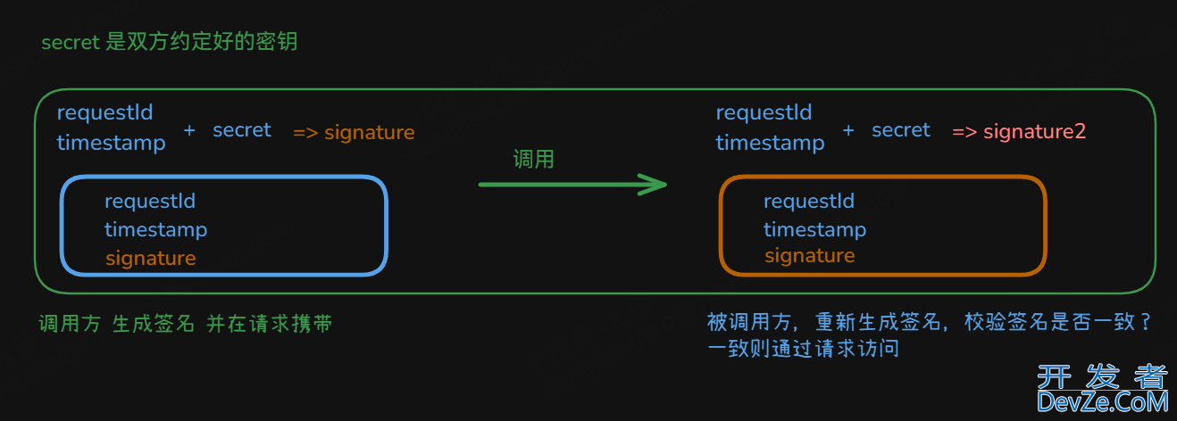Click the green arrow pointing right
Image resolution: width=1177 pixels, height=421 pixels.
point(572,185)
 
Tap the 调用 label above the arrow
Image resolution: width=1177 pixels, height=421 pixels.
point(533,160)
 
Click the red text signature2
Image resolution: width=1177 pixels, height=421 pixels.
point(1034,132)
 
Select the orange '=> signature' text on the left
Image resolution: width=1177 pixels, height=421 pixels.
point(354,133)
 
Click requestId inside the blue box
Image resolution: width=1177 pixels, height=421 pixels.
point(150,201)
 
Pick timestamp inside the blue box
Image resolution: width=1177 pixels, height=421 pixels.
point(155,229)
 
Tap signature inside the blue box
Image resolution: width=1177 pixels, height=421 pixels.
point(150,258)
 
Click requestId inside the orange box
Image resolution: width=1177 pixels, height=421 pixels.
point(809,201)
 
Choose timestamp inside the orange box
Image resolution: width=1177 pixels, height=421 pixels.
point(814,229)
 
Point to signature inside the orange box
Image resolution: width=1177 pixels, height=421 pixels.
point(809,256)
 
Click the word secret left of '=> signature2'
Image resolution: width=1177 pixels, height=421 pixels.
point(901,130)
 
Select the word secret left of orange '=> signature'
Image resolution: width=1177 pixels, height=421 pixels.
point(242,130)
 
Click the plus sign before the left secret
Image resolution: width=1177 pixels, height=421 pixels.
point(189,130)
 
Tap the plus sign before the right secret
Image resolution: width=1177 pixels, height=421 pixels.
point(848,130)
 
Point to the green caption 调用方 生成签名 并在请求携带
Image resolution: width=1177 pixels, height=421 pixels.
point(186,324)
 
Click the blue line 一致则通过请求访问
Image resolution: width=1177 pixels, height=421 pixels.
point(803,349)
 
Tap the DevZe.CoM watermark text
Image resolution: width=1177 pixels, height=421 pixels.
point(1102,403)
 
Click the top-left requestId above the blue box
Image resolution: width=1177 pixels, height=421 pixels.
point(104,112)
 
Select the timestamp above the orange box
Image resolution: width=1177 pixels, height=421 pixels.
point(770,143)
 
